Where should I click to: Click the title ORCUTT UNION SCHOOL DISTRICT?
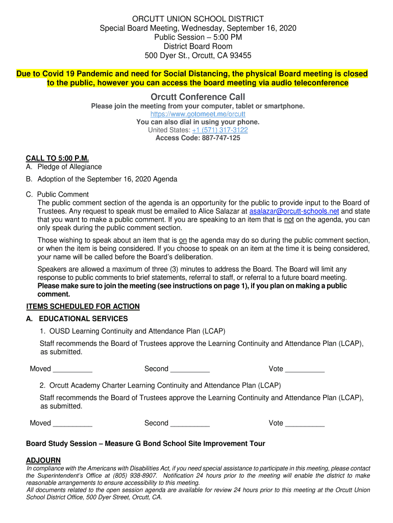(x=198, y=19)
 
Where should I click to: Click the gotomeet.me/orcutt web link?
(x=198, y=114)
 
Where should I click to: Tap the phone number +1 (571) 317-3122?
(x=220, y=130)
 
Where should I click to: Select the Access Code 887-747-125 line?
(x=198, y=138)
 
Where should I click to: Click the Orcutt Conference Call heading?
(x=198, y=97)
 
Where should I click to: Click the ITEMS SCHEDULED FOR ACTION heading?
(x=83, y=306)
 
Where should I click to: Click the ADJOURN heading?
(x=43, y=460)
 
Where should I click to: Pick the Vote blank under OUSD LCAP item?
(x=305, y=369)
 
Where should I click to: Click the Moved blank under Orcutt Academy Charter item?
(x=72, y=423)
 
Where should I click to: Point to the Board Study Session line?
(x=145, y=443)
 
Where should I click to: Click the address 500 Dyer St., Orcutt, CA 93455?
(x=198, y=55)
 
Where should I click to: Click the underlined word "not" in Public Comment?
(x=289, y=220)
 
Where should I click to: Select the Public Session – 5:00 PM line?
(x=198, y=37)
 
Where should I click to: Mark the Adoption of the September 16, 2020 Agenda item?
(x=107, y=179)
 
